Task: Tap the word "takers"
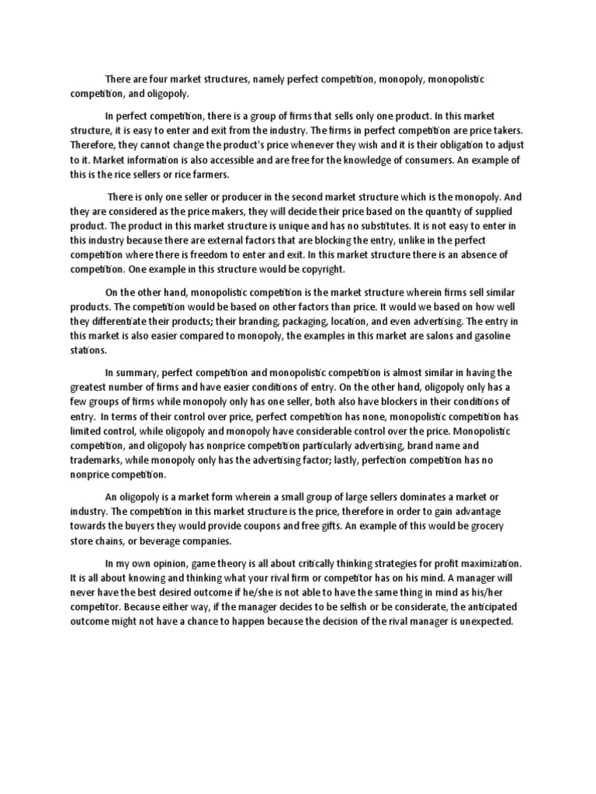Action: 508,133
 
